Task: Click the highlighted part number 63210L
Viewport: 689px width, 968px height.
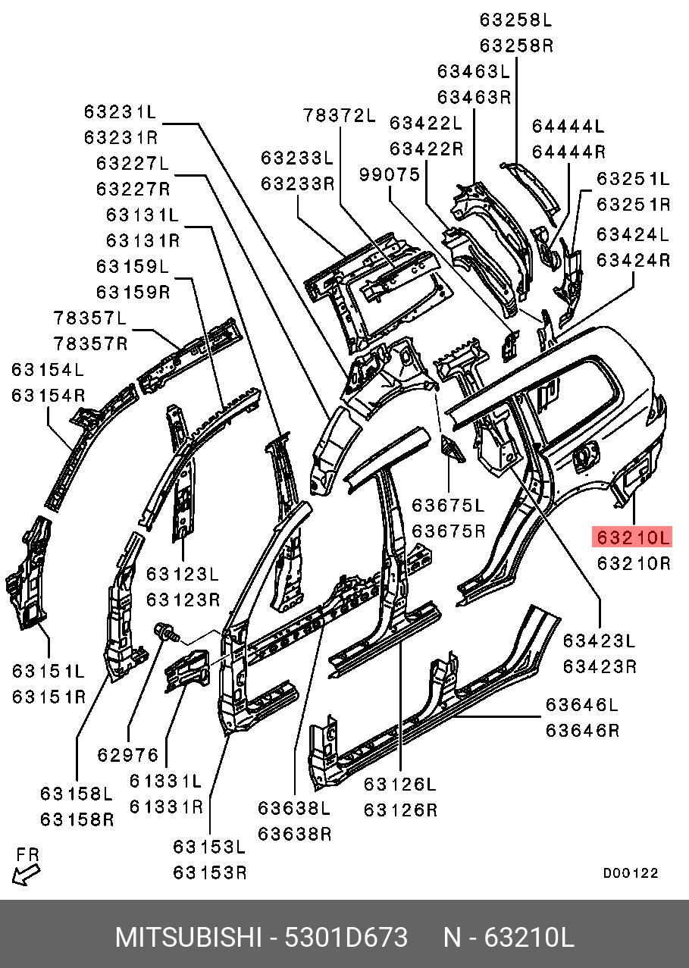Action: [x=633, y=537]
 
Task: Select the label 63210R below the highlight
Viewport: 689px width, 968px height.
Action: [x=633, y=563]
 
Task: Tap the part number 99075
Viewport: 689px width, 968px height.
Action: [x=390, y=174]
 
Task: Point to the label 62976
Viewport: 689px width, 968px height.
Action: [x=128, y=755]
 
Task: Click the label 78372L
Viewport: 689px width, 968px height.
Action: [x=340, y=115]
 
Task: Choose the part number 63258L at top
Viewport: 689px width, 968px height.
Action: [x=516, y=19]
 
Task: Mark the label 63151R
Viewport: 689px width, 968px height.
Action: [x=49, y=697]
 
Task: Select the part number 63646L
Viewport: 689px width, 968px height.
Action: [x=582, y=705]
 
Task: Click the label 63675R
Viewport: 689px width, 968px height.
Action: [x=448, y=531]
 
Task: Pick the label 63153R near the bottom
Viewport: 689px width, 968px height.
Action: [x=210, y=872]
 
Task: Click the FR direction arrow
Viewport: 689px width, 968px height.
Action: [x=26, y=875]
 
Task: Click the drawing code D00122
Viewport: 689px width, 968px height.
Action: [x=631, y=873]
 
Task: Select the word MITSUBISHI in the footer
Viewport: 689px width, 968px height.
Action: [x=188, y=938]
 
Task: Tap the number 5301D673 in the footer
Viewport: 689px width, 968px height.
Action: [x=346, y=938]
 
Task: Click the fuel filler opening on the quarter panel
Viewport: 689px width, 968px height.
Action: [x=585, y=458]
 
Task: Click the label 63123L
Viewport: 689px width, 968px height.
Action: [x=183, y=574]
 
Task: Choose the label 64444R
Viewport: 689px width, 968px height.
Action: [x=568, y=152]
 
